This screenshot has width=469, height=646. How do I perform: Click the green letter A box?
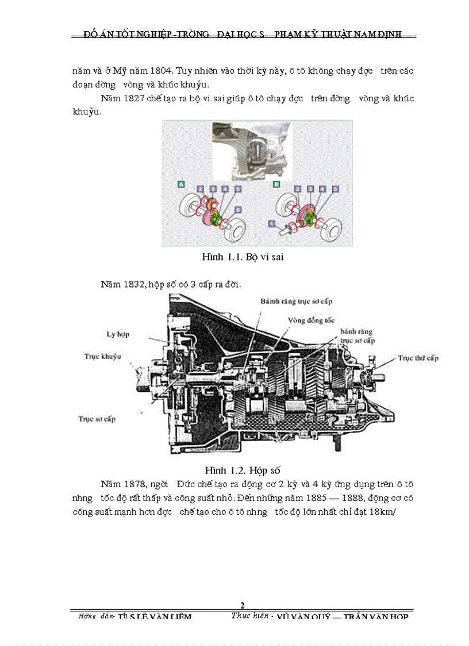181,184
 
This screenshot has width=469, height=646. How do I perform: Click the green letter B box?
276,184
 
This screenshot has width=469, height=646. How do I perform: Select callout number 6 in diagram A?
238,210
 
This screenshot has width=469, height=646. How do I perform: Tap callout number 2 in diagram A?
200,189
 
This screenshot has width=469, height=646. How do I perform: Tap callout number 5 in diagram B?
335,189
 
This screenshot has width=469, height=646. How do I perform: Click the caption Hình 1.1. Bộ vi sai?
243,257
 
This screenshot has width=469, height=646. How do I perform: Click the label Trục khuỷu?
103,357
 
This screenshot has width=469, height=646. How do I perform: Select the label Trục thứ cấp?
418,358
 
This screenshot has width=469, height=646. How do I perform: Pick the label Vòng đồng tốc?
312,320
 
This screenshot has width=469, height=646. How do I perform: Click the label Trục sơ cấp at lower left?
97,419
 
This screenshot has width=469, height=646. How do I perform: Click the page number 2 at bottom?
242,605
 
